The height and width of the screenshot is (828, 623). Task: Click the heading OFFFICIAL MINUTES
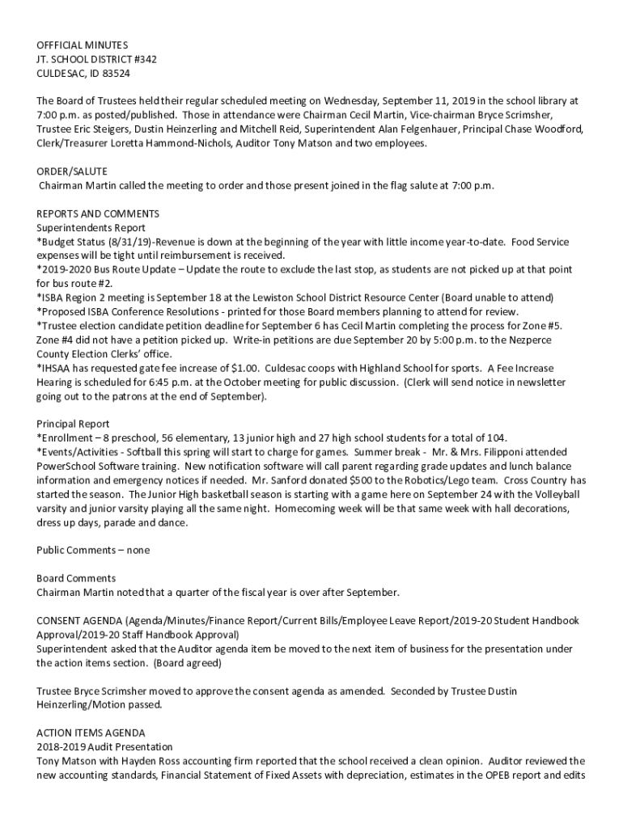(x=82, y=45)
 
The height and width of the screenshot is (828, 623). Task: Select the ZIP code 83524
(x=115, y=73)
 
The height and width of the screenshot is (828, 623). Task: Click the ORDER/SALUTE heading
(x=71, y=171)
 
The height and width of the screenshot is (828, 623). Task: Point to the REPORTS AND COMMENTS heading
(x=98, y=213)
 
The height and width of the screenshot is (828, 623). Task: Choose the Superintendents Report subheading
(x=91, y=228)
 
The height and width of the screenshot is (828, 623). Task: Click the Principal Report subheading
(x=73, y=424)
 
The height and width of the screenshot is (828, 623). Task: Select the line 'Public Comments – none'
(x=93, y=550)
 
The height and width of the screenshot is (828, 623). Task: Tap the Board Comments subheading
(x=76, y=578)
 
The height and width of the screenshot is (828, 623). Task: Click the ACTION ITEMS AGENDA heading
(x=91, y=733)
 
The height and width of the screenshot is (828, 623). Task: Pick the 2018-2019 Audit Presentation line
(x=104, y=746)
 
